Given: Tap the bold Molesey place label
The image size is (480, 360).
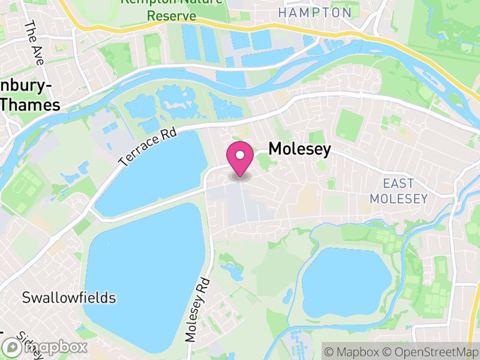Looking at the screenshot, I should [299, 149].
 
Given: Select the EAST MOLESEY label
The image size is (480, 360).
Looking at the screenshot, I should [398, 191].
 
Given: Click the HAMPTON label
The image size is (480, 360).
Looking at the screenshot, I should [315, 13].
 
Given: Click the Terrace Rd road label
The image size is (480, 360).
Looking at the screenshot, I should [148, 147].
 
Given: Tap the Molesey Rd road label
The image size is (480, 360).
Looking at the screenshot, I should [199, 310].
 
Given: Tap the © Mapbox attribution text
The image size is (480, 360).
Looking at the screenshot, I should [352, 351].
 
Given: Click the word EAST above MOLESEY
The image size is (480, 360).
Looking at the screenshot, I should [399, 183].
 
